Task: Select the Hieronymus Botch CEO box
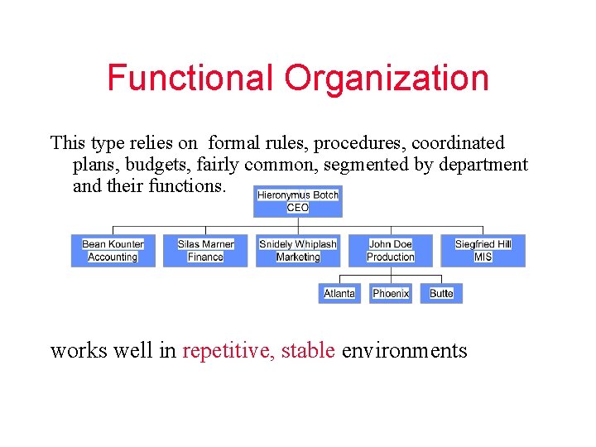(297, 201)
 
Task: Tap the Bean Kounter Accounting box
(113, 251)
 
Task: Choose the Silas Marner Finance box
(205, 251)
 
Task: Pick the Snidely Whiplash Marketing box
(298, 251)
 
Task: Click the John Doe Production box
(391, 251)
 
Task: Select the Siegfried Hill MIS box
(483, 251)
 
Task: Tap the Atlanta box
(339, 293)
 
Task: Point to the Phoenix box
(391, 293)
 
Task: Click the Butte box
(441, 293)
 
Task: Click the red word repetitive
(228, 351)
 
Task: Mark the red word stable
(308, 351)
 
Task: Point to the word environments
(404, 351)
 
